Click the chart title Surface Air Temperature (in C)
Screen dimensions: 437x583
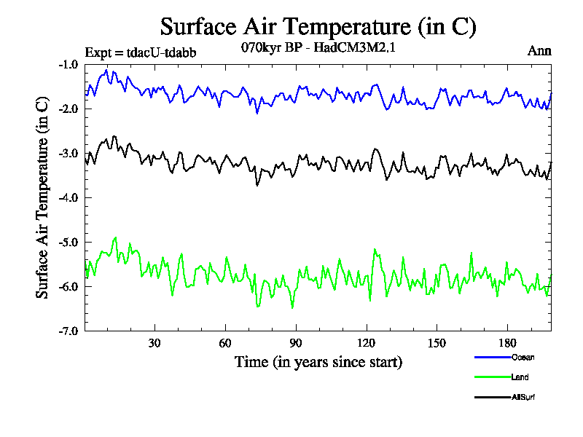point(318,27)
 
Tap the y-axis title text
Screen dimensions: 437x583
point(43,197)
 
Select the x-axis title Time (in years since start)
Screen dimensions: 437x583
point(318,361)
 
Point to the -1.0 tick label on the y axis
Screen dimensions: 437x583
point(69,64)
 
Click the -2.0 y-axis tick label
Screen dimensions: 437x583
point(69,109)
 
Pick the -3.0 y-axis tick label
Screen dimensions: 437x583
point(69,153)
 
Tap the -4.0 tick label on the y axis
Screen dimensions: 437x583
point(69,197)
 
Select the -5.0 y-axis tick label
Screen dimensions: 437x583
point(69,242)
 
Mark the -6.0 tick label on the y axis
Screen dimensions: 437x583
point(69,286)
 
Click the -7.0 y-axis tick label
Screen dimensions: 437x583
point(69,331)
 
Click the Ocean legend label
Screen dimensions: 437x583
point(523,358)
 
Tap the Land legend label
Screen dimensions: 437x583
point(520,377)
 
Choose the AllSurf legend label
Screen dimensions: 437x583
point(524,397)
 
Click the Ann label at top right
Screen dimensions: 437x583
point(539,51)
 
